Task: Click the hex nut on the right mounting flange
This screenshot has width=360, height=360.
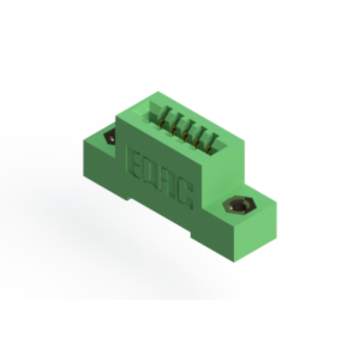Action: coord(240,205)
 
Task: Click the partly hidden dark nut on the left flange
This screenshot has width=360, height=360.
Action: coord(110,138)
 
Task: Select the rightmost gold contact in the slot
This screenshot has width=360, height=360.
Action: coord(209,150)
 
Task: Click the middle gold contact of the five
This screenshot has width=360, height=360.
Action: coord(185,136)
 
